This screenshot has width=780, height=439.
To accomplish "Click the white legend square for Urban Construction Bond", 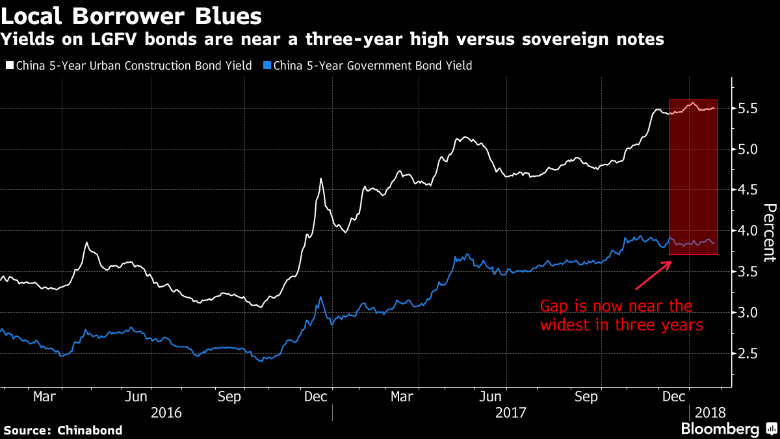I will pos(9,66).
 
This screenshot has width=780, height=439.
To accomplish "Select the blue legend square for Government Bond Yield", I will pos(266,66).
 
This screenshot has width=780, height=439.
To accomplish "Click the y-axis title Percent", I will pos(769,232).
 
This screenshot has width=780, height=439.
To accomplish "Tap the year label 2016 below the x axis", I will pos(166,412).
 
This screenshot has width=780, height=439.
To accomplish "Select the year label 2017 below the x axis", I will pos(510,412).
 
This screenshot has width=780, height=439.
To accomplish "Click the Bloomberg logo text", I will pos(720,429).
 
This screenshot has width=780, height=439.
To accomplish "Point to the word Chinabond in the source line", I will pos(90,430).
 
